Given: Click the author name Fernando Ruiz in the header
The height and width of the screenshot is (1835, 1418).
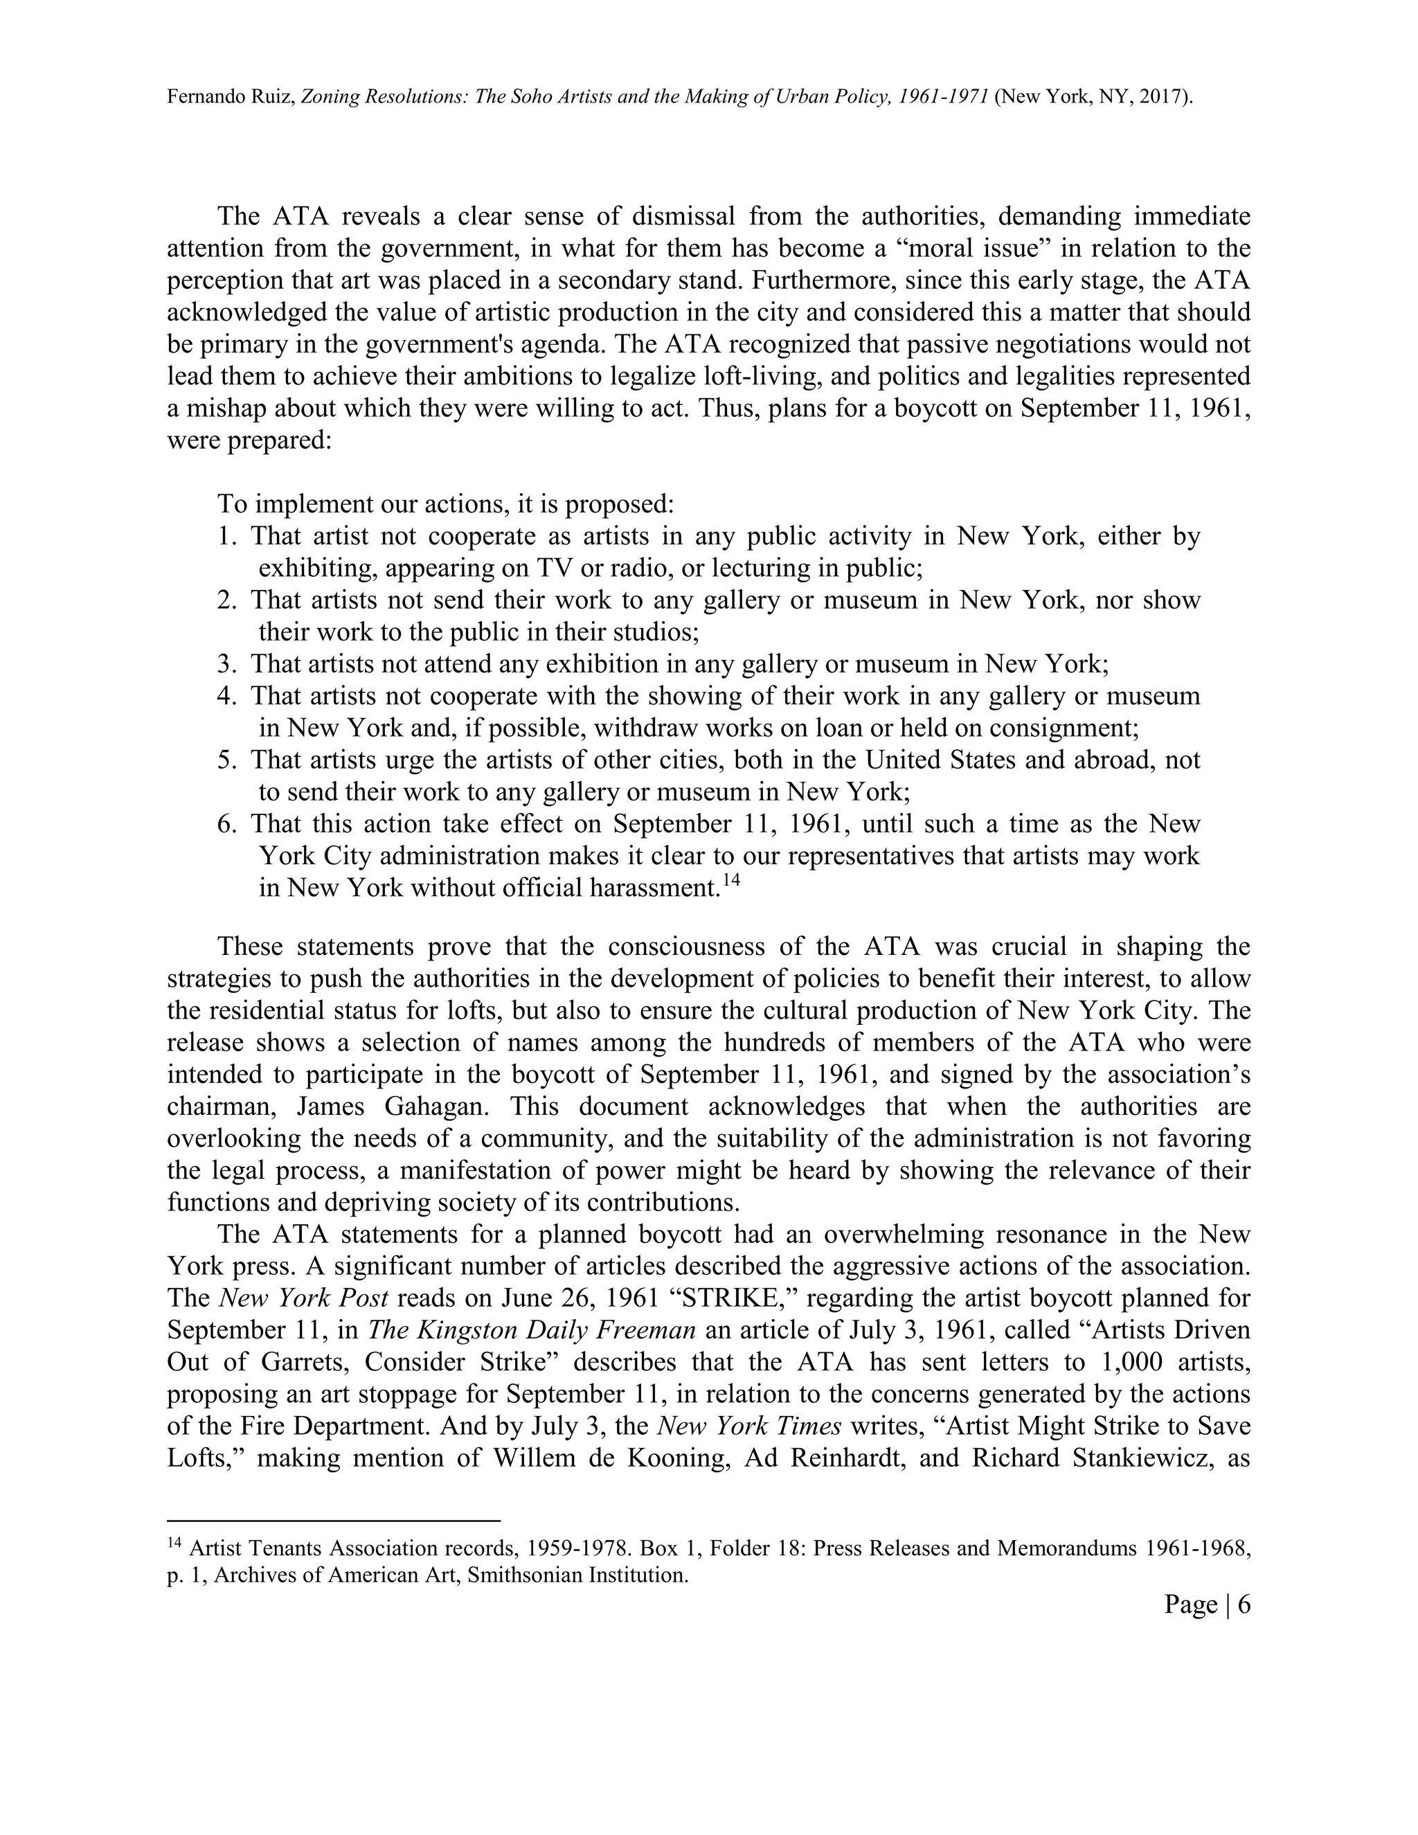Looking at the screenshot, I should (x=228, y=98).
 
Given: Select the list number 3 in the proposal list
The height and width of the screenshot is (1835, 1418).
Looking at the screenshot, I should (x=226, y=665).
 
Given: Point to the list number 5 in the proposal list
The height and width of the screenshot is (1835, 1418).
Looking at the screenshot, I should (x=226, y=760).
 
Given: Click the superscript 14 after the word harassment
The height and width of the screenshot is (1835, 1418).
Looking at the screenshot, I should (x=732, y=881).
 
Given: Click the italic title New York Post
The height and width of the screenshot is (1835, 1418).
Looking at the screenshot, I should (x=303, y=1298).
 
